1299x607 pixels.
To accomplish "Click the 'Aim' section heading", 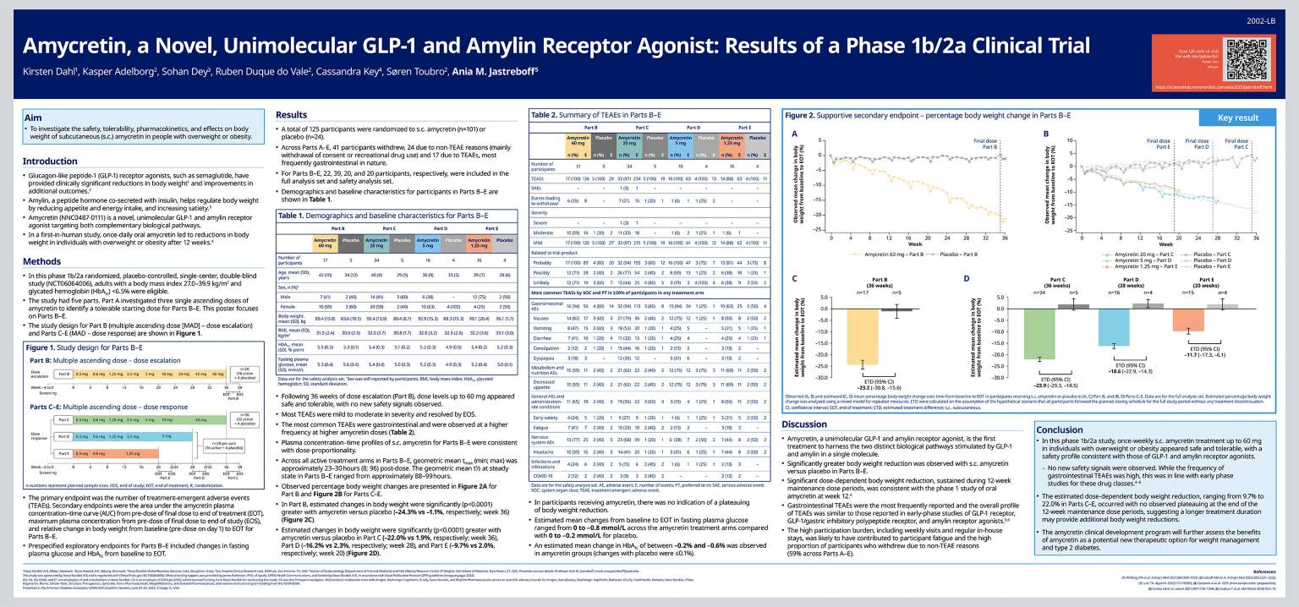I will [33, 118].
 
